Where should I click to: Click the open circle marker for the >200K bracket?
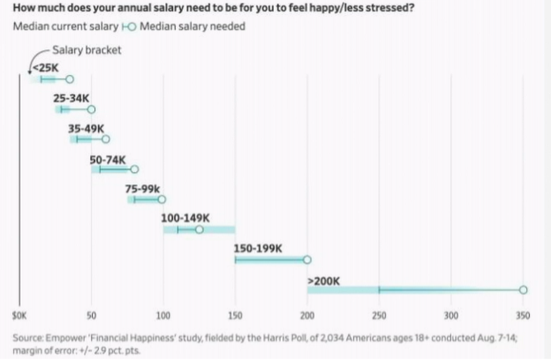click(523, 289)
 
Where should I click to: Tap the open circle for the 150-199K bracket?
click(307, 259)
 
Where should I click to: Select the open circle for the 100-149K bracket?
click(199, 229)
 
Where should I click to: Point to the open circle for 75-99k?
click(162, 199)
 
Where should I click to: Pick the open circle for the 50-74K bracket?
click(134, 169)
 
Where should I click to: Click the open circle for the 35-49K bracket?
click(106, 139)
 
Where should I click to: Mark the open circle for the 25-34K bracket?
click(91, 109)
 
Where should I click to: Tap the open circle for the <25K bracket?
click(70, 79)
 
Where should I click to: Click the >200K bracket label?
click(323, 281)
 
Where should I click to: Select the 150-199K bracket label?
click(258, 249)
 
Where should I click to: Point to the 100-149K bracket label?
click(185, 219)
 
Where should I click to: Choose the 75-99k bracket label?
click(142, 189)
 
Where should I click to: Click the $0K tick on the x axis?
click(20, 315)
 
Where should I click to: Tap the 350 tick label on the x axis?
click(523, 315)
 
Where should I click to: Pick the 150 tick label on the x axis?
click(235, 315)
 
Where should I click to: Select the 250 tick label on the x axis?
click(379, 315)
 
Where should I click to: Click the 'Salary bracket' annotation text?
click(87, 50)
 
